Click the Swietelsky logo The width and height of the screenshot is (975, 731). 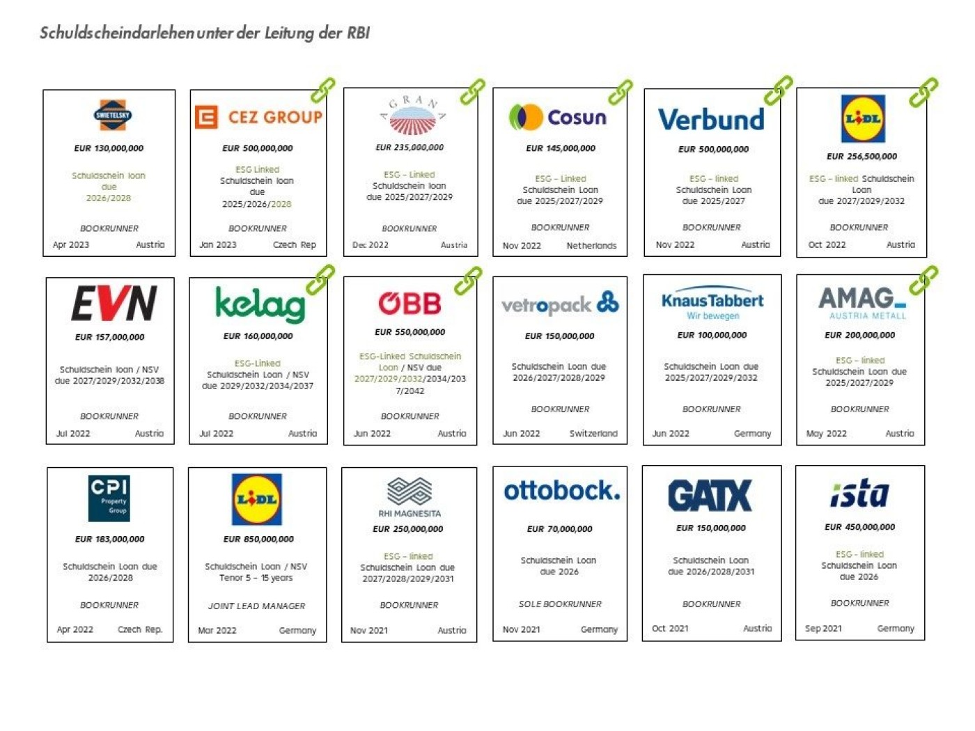113,116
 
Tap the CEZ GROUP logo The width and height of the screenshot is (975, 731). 258,117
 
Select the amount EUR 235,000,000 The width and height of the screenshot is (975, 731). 409,147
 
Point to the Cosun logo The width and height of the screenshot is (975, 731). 558,117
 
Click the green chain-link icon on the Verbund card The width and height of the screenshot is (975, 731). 778,91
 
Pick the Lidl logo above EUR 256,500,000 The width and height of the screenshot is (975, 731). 862,118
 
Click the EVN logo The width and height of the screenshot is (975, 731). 114,304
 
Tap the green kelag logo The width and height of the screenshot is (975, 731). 260,304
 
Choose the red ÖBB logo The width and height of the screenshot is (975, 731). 409,303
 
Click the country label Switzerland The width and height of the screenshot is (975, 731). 593,433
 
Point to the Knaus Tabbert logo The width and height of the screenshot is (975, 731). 712,303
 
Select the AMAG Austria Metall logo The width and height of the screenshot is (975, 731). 862,303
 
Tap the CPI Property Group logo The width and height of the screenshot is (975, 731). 109,497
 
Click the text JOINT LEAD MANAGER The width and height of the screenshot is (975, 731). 256,606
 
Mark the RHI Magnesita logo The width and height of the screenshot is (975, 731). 409,497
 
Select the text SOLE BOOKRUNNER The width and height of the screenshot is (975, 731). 560,604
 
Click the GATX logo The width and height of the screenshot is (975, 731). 710,495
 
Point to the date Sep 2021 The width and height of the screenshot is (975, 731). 823,628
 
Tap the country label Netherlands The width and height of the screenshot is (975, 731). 591,245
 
